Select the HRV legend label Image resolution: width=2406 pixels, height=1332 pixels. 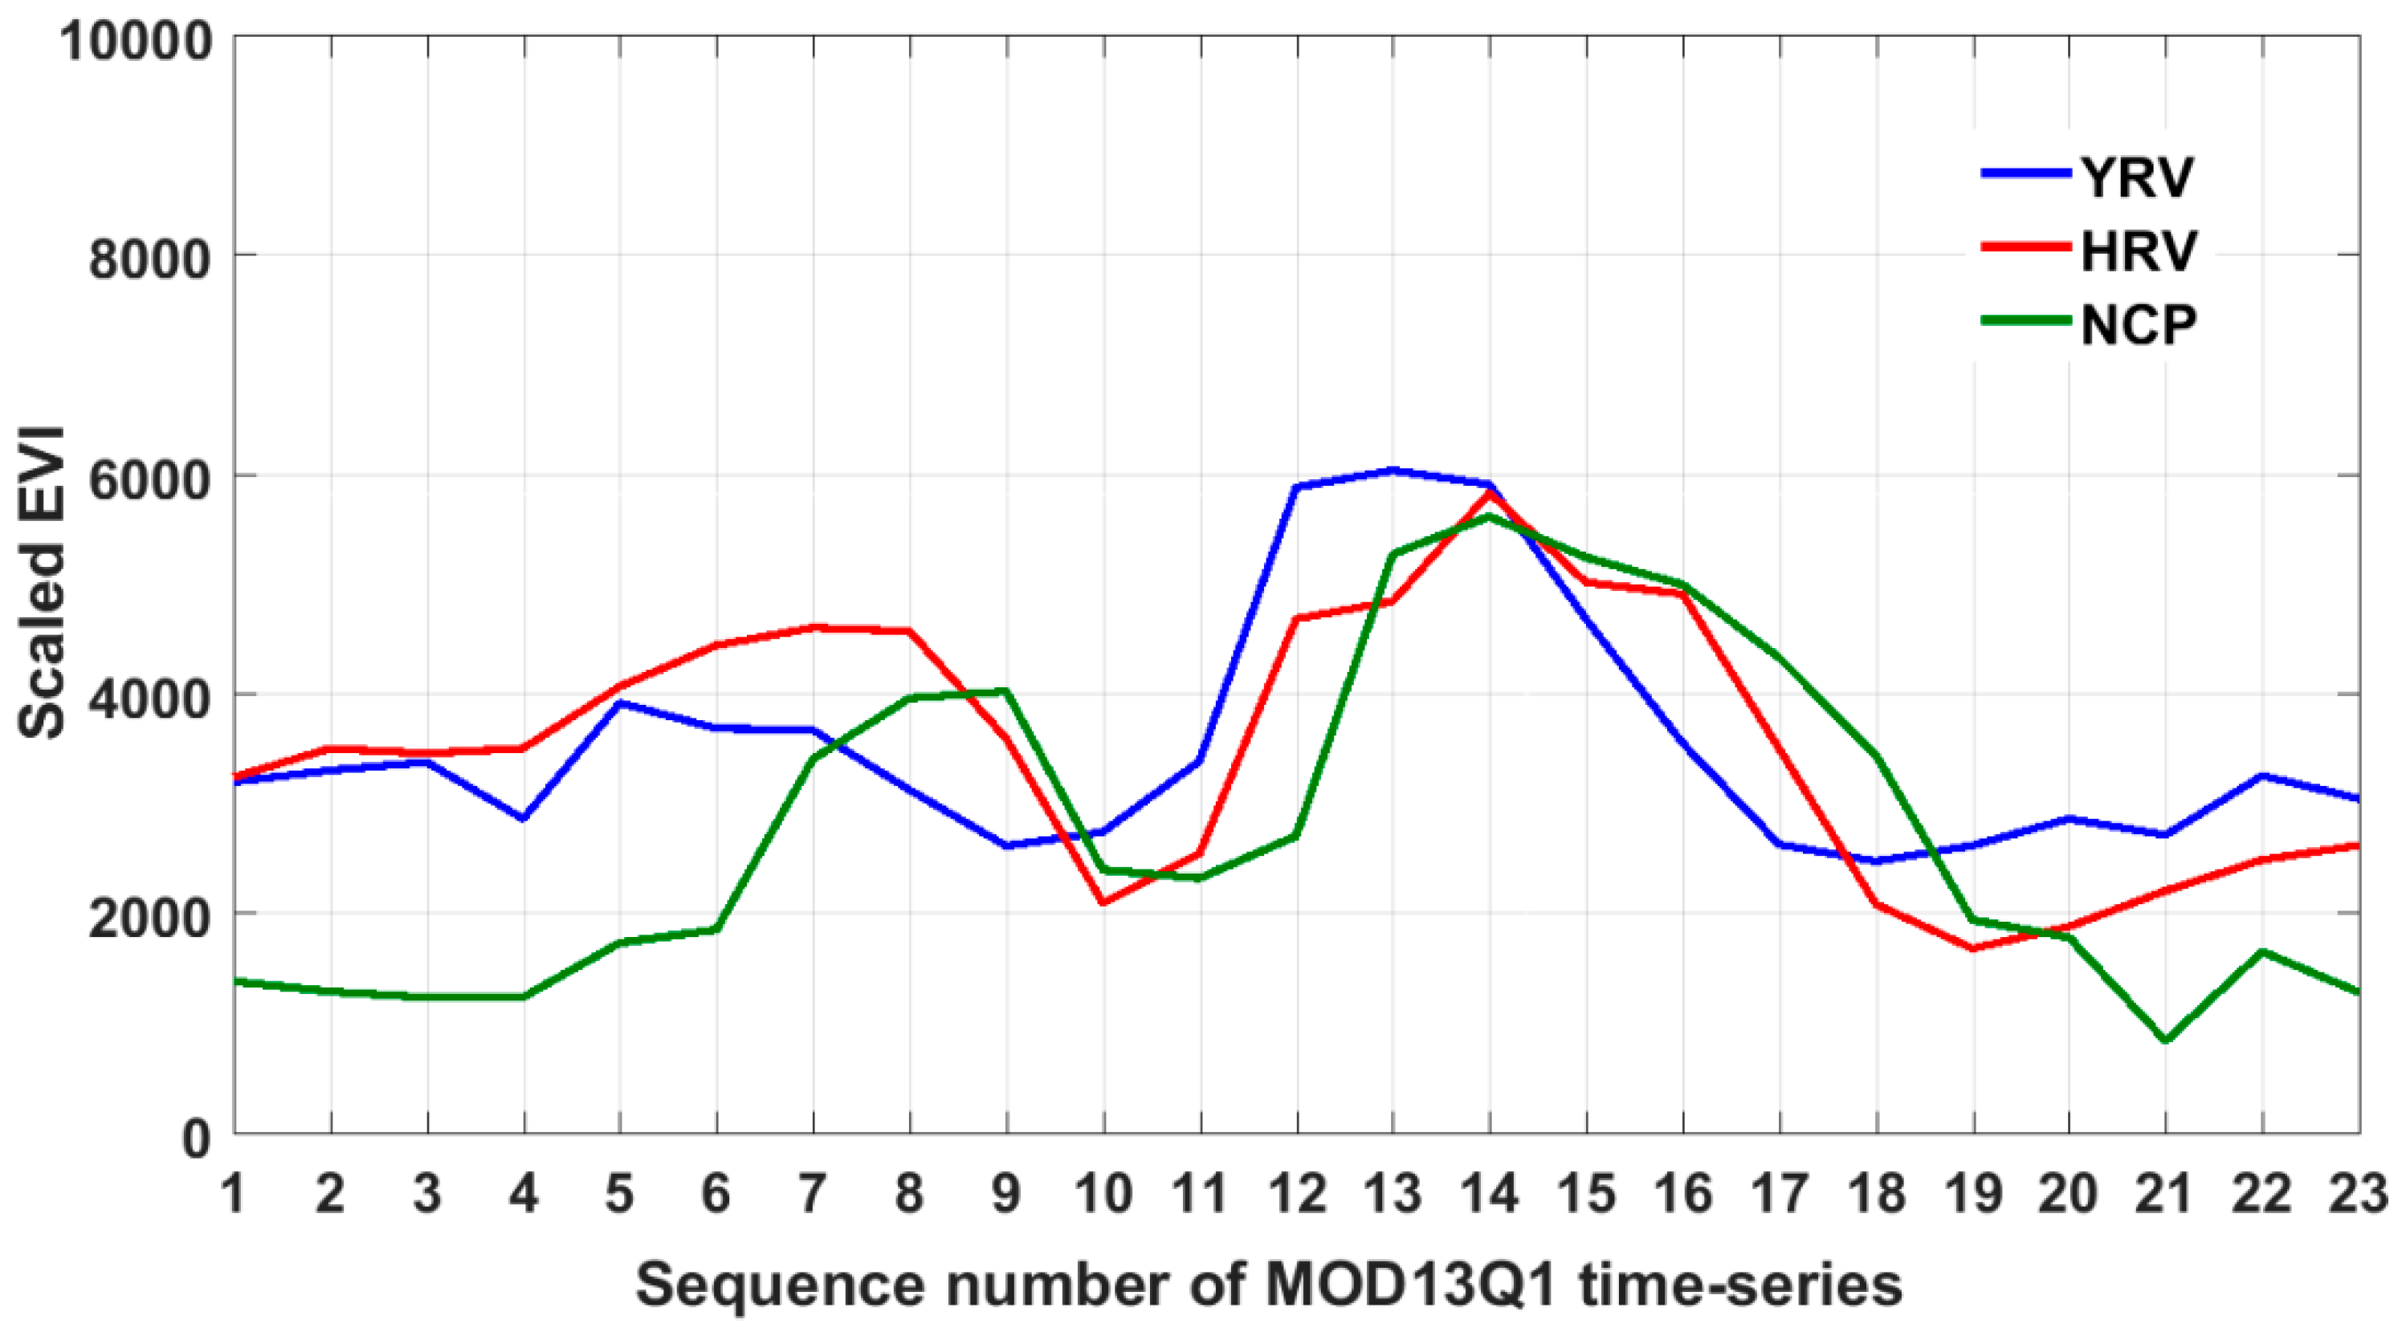click(2139, 251)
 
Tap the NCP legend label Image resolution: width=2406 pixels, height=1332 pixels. click(2139, 325)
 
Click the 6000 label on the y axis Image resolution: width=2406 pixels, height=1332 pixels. click(149, 479)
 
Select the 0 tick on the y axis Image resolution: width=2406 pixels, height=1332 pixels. click(196, 1138)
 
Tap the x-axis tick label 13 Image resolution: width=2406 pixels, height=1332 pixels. click(1393, 1194)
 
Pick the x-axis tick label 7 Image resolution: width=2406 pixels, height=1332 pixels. click(814, 1194)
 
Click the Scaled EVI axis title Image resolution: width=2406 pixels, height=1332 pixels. click(42, 584)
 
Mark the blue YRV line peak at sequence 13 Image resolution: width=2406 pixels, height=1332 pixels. click(1393, 470)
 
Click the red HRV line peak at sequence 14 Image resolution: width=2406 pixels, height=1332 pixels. click(1489, 493)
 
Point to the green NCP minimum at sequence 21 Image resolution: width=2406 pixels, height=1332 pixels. click(2165, 1041)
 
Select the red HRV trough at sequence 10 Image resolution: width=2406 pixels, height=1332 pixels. click(1103, 903)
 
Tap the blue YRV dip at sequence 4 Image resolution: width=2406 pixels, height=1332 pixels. click(524, 819)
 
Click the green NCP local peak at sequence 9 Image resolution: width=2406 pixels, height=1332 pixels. click(1006, 691)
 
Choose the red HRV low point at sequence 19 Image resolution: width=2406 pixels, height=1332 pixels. click(1972, 949)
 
